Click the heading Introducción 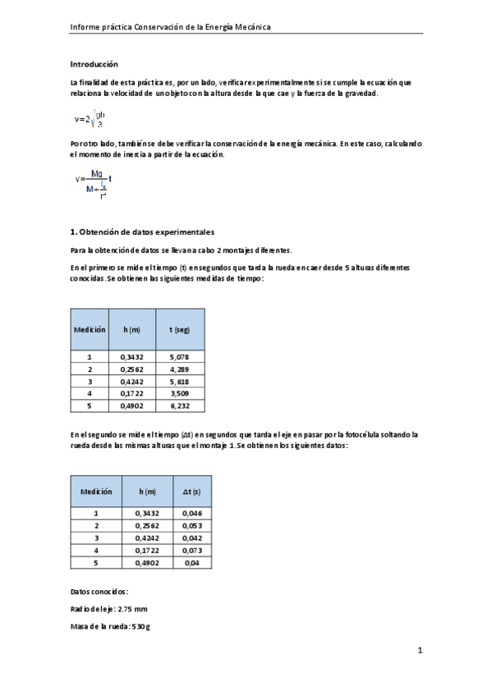(94, 64)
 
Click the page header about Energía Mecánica (171, 27)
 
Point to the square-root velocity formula (90, 119)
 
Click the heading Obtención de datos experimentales (142, 232)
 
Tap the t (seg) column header (180, 329)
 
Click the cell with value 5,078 (180, 357)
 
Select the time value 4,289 (180, 369)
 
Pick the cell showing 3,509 (180, 393)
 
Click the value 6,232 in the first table (180, 405)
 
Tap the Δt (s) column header (191, 491)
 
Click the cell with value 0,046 (191, 513)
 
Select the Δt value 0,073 (191, 550)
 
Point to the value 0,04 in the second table (191, 563)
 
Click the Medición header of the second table (96, 491)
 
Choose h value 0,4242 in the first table (131, 381)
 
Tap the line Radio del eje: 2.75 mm (110, 609)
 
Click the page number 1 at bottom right (419, 652)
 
